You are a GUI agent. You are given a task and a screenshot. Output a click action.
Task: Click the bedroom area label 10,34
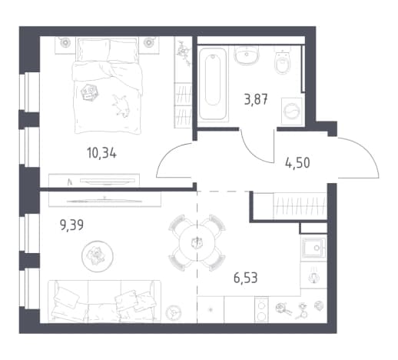click(x=101, y=153)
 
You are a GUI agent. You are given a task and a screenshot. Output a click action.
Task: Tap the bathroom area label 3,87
click(x=256, y=99)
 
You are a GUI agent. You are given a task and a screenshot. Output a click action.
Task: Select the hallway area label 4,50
click(x=297, y=162)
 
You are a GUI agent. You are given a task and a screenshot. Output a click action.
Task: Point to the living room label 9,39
click(x=71, y=225)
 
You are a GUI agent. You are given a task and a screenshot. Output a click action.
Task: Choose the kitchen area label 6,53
click(x=245, y=278)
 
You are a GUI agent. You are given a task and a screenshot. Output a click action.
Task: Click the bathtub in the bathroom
click(x=213, y=84)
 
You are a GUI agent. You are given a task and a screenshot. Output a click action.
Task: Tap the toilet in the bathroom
click(x=283, y=62)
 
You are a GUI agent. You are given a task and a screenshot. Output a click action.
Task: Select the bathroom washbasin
click(x=247, y=55)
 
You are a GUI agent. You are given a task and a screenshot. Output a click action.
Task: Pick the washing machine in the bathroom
click(x=292, y=112)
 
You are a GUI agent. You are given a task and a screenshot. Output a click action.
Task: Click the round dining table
click(x=197, y=242)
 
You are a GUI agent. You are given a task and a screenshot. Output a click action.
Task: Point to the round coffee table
click(x=98, y=256)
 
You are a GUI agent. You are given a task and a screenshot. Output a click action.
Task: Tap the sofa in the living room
click(x=104, y=301)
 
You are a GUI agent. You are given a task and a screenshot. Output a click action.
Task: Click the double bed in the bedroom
click(x=108, y=85)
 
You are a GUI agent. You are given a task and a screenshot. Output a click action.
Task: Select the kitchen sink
click(x=314, y=248)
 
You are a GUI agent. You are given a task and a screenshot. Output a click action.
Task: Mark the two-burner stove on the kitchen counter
click(x=261, y=310)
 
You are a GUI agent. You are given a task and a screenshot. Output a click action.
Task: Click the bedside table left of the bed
click(x=65, y=45)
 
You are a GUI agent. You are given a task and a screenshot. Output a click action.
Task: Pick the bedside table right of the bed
click(x=149, y=45)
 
